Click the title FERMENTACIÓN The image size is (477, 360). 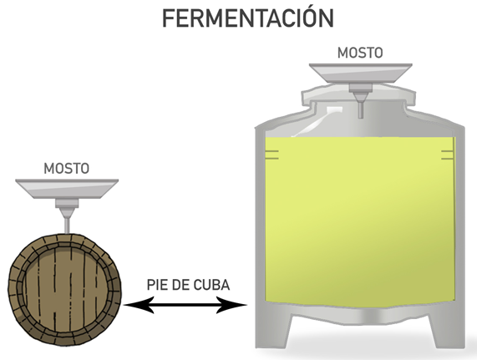[x=248, y=18]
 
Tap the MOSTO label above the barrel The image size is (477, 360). [x=67, y=169]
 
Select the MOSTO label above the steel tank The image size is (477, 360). [x=360, y=53]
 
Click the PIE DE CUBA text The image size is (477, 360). [x=188, y=285]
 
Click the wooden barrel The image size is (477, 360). [x=65, y=292]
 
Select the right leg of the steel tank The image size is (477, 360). [x=446, y=331]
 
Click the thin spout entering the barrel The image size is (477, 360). [x=67, y=226]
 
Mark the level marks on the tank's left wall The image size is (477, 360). [x=272, y=155]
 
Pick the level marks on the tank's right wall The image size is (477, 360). [x=448, y=155]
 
